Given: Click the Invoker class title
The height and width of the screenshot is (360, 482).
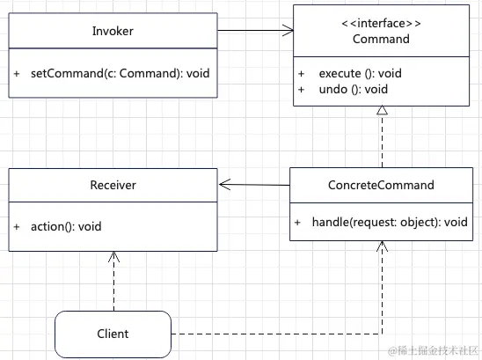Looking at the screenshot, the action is click(x=113, y=31).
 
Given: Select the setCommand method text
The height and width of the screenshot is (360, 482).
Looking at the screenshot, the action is click(x=120, y=74).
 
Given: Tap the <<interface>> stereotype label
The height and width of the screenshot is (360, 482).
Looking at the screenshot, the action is click(x=381, y=24).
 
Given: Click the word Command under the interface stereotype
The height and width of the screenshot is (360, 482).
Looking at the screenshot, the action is click(x=381, y=39).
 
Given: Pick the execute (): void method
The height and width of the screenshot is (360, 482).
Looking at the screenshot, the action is click(x=361, y=74).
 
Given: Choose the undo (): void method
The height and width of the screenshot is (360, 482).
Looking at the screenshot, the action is click(x=354, y=90).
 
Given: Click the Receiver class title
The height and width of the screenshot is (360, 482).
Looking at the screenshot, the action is click(x=113, y=185).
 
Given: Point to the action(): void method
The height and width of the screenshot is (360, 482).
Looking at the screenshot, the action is click(x=66, y=227).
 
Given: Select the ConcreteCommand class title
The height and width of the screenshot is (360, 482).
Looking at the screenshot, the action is click(x=381, y=185).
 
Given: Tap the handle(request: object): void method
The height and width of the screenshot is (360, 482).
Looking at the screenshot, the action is click(x=390, y=222).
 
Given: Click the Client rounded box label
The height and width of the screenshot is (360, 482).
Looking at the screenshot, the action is click(x=113, y=334).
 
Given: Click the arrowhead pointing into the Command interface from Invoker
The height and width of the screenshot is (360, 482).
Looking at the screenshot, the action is click(x=288, y=31).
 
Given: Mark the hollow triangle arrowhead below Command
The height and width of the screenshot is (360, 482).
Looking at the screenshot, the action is click(x=382, y=110).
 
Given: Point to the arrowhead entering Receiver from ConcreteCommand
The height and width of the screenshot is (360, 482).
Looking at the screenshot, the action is click(x=224, y=184).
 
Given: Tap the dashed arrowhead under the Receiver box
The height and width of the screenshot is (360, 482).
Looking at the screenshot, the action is click(x=113, y=257).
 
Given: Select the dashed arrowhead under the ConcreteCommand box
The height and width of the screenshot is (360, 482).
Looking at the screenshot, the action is click(x=382, y=246).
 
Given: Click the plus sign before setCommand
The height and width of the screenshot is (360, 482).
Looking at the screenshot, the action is click(x=17, y=74).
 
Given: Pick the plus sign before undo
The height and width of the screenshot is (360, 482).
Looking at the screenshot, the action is click(x=301, y=90).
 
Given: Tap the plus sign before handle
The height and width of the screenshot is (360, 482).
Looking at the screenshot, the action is click(x=297, y=222).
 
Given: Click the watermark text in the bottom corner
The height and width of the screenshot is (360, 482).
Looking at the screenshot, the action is click(x=433, y=350).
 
